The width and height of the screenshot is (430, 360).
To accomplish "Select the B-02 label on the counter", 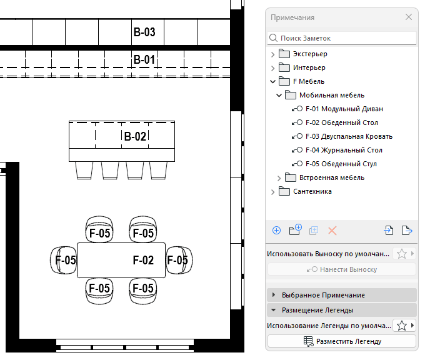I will [135, 136].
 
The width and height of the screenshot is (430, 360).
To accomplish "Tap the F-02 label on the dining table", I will [143, 260].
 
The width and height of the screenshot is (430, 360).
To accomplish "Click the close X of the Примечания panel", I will [409, 17].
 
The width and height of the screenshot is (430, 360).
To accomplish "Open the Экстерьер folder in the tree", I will [310, 54].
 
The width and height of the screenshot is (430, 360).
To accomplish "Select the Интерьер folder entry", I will [309, 67].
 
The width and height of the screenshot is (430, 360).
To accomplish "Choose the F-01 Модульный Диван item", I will [344, 109].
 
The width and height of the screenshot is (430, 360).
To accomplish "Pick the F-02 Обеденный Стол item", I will [341, 122].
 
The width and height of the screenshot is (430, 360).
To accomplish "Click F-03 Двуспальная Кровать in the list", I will [349, 136].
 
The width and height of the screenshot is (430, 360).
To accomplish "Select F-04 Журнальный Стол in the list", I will [344, 150].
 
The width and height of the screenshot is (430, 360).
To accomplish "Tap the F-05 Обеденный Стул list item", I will [341, 164].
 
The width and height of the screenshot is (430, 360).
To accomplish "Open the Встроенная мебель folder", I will [331, 177].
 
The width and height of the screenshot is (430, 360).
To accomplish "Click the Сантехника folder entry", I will [312, 191].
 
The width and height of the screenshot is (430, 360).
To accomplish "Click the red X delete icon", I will [332, 231].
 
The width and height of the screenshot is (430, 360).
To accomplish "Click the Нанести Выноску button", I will [341, 269].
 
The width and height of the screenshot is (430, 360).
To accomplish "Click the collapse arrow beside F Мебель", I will [272, 81].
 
